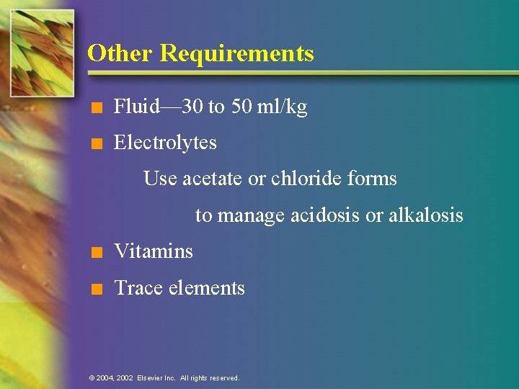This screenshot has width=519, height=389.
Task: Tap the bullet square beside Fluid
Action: pyautogui.click(x=96, y=109)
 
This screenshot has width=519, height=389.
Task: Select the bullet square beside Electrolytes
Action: pyautogui.click(x=96, y=144)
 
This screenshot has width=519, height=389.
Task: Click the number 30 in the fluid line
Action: pyautogui.click(x=193, y=107)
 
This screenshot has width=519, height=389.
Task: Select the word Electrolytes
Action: pyautogui.click(x=165, y=143)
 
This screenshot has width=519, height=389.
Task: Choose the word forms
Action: pyautogui.click(x=372, y=178)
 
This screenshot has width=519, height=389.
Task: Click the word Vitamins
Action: pyautogui.click(x=154, y=251)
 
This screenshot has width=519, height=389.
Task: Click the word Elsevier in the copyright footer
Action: pyautogui.click(x=150, y=377)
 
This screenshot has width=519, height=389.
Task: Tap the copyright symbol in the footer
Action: pyautogui.click(x=91, y=377)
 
